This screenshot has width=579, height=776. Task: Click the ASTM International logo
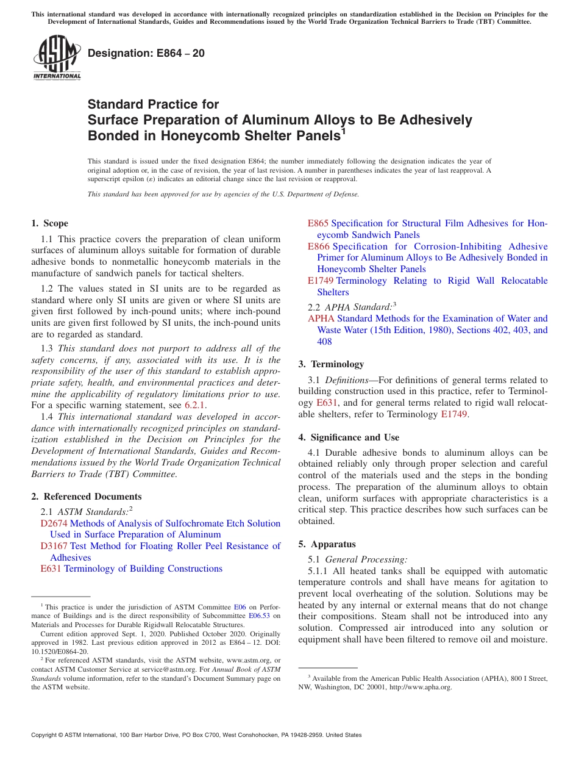pos(57,59)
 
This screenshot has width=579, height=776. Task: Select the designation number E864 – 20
pos(146,54)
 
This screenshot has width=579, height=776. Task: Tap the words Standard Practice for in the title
pos(153,104)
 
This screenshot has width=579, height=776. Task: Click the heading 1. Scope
pos(50,223)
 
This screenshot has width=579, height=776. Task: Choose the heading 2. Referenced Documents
pos(87,497)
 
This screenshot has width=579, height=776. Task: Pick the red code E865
pos(318,223)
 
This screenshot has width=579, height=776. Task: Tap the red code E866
pos(318,246)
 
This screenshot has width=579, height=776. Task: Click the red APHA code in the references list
pos(321,318)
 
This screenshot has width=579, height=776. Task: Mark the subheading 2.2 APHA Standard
pos(351,307)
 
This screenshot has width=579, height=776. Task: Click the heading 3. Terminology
pos(331,364)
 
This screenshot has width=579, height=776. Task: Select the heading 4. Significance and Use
pos(349,437)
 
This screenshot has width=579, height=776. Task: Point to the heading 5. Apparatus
pos(327,544)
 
